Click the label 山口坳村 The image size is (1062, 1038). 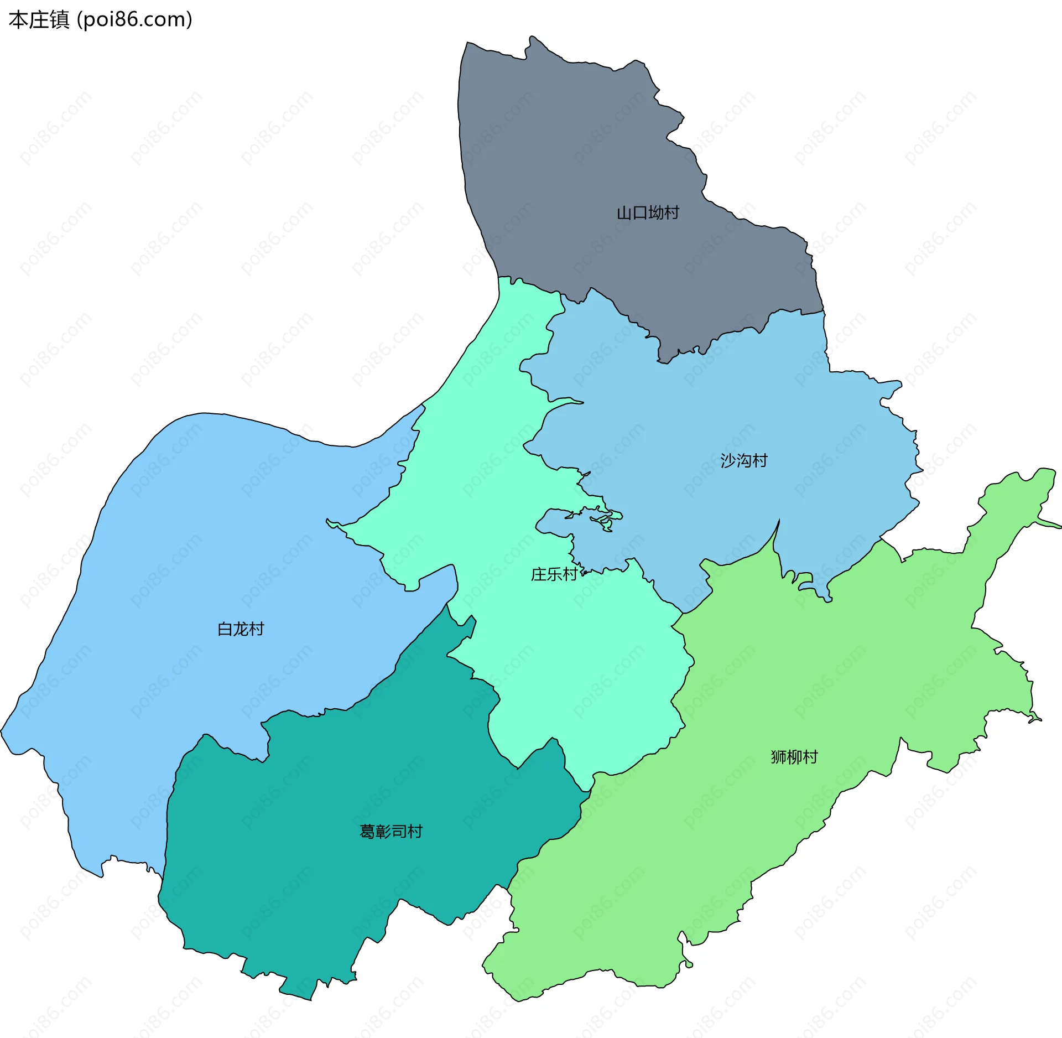pos(648,212)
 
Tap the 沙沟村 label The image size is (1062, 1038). pos(744,460)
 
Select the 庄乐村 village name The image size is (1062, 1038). pos(554,574)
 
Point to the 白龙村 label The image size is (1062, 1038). pos(241,629)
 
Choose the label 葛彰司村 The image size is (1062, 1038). pos(391,832)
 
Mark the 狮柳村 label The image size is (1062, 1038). pos(794,757)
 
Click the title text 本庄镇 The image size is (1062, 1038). pos(39,20)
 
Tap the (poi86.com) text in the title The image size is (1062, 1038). pos(135,20)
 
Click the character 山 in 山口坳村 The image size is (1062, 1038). pos(624,212)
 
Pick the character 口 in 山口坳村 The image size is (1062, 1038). pos(640,212)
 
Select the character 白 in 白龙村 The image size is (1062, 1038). pos(225,629)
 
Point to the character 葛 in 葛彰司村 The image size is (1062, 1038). pos(368,832)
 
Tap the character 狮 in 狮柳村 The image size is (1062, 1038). pos(779,757)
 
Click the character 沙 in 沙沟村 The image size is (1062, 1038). pos(728,460)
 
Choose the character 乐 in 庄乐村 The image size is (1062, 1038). pos(554,574)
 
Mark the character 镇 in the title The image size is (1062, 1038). pos(60,20)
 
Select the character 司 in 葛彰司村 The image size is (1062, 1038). pos(399,832)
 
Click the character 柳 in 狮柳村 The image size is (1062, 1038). pos(794,757)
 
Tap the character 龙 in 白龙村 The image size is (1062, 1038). pos(241,629)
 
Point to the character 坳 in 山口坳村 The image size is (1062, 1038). pos(656,212)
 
